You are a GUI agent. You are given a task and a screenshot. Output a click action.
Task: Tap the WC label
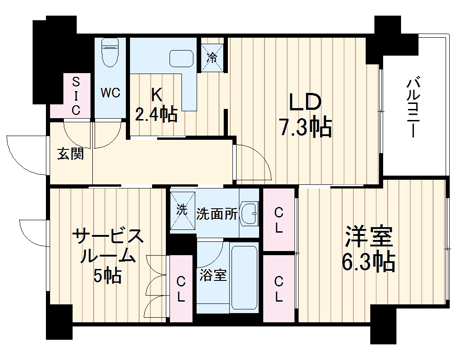[x=110, y=92]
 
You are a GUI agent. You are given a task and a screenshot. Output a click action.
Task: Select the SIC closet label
[x=76, y=96]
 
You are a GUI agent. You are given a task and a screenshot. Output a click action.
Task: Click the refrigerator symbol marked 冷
[x=212, y=57]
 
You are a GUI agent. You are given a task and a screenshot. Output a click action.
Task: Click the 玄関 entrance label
[x=70, y=154]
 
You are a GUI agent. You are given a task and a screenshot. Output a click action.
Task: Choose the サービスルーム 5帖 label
[x=108, y=255]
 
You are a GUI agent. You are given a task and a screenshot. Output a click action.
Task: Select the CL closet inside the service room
[x=181, y=288]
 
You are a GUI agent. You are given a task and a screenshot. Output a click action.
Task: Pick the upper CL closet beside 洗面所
[x=278, y=219]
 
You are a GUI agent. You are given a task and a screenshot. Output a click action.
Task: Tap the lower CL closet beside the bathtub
[x=278, y=288]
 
